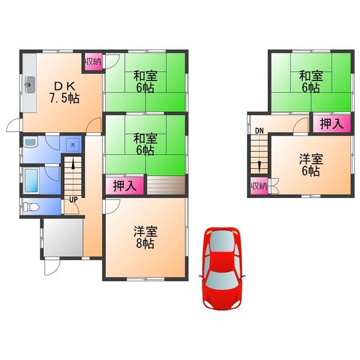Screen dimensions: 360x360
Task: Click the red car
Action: (222, 268)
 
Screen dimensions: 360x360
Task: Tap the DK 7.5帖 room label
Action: (65, 92)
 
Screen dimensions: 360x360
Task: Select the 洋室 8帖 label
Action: (145, 237)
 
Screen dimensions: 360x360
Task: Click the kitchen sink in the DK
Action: (30, 85)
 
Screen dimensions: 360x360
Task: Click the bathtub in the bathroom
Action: (31, 181)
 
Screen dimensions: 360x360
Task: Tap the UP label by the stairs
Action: (74, 200)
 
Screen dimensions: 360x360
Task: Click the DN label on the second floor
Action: (259, 131)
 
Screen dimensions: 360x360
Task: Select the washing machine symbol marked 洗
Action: (73, 145)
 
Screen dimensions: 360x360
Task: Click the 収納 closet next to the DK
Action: (93, 62)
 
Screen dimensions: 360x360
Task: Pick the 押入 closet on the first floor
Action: (125, 186)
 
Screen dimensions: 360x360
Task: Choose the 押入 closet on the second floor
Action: (332, 124)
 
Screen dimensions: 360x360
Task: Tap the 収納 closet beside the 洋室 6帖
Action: (259, 186)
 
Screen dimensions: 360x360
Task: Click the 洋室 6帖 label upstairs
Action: (311, 165)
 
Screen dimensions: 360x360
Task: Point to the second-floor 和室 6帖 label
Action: (311, 82)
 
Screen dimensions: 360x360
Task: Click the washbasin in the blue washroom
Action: (30, 142)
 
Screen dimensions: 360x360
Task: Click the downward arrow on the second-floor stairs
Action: (259, 167)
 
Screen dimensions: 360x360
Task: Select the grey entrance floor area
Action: (63, 237)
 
